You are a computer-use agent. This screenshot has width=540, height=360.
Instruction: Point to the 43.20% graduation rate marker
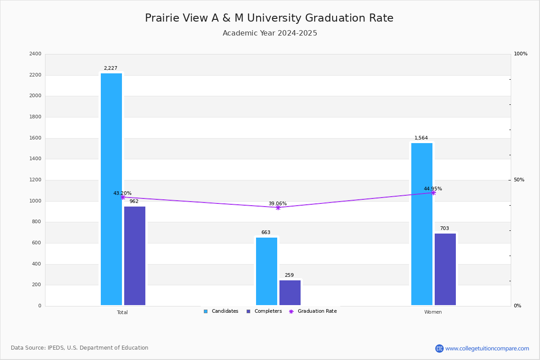[x=122, y=197]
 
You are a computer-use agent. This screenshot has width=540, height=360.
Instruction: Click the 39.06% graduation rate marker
[x=278, y=207]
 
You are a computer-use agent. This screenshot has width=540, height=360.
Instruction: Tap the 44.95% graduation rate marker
[x=433, y=193]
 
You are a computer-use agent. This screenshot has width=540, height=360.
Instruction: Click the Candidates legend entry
[x=221, y=311]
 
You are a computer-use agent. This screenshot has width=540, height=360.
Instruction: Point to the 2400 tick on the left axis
[x=35, y=54]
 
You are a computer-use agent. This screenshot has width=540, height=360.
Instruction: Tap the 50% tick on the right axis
[x=519, y=180]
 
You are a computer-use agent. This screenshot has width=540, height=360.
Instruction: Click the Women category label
[x=433, y=312]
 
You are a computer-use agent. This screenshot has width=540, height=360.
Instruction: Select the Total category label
[x=122, y=312]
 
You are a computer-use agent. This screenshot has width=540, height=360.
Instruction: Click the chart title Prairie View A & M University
[x=269, y=18]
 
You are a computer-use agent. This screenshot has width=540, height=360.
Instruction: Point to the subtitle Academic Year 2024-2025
[x=270, y=33]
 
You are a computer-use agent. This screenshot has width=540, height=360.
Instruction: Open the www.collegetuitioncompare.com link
[x=487, y=348]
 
